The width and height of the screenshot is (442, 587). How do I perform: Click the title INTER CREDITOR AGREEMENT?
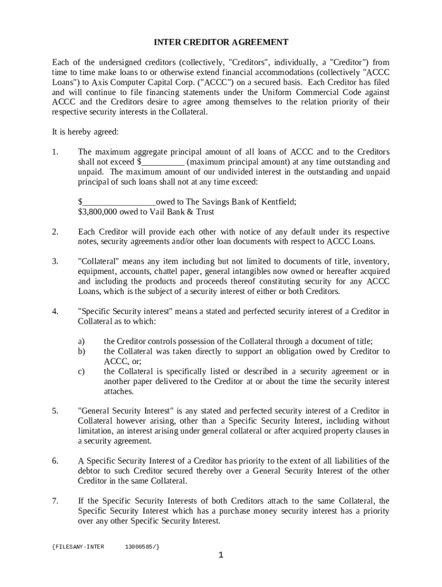pos(220,42)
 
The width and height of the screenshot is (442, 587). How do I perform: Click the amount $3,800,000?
pos(99,212)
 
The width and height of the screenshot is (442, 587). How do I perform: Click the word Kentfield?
pos(278,202)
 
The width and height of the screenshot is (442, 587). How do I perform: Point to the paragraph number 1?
pos(55,152)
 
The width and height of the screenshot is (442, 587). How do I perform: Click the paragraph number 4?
pos(55,312)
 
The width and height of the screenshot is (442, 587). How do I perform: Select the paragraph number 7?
pos(55,501)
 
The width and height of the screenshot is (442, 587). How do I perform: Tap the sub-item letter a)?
pos(82,341)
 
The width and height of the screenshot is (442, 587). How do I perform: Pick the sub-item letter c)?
pos(82,371)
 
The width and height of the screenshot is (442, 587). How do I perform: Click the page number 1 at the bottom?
pos(220,555)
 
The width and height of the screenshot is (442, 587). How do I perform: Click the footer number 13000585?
pos(141,546)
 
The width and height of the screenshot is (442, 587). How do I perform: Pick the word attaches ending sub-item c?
pos(118,392)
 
